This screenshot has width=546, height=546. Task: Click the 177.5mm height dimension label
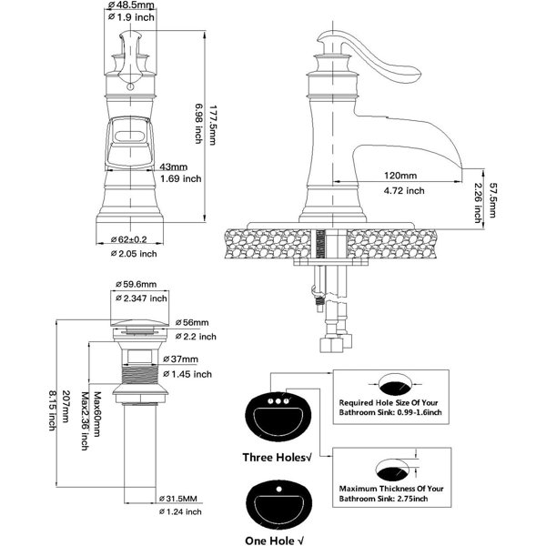tap(212, 125)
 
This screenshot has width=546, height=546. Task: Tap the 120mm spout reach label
tap(400, 175)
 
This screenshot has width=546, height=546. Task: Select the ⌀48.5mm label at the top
tap(131, 5)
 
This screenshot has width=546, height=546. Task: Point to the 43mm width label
tap(174, 167)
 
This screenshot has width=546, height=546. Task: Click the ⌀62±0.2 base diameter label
tap(129, 239)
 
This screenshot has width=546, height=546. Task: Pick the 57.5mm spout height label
tap(491, 200)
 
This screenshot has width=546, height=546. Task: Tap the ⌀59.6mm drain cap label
tap(136, 284)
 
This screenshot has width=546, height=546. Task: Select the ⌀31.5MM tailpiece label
tap(178, 499)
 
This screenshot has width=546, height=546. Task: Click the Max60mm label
tap(96, 414)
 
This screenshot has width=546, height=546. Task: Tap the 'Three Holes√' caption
tap(277, 457)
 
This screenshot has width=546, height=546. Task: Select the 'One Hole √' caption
tap(275, 541)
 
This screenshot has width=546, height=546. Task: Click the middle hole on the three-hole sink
tap(278, 401)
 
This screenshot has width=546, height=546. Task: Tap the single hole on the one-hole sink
tap(278, 490)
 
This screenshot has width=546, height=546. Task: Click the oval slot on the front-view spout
tap(129, 136)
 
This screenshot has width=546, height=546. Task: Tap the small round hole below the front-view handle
tap(130, 86)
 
